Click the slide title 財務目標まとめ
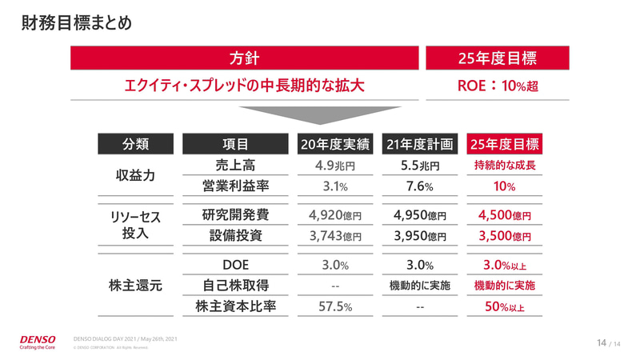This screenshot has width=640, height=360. click(76, 23)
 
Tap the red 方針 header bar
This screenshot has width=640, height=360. click(245, 58)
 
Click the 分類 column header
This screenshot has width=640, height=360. click(135, 144)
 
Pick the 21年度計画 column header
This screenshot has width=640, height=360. click(420, 144)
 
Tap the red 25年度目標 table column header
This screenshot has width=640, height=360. click(504, 144)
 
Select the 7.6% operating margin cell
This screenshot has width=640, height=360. click(420, 187)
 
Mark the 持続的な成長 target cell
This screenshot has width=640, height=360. click(504, 167)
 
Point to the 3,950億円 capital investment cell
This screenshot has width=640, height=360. click(420, 237)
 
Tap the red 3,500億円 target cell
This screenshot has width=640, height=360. click(504, 237)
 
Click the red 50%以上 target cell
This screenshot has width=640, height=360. click(504, 306)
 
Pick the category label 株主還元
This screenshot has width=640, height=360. click(135, 286)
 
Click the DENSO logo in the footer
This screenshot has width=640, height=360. click(40, 339)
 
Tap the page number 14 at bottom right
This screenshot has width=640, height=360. click(602, 343)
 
